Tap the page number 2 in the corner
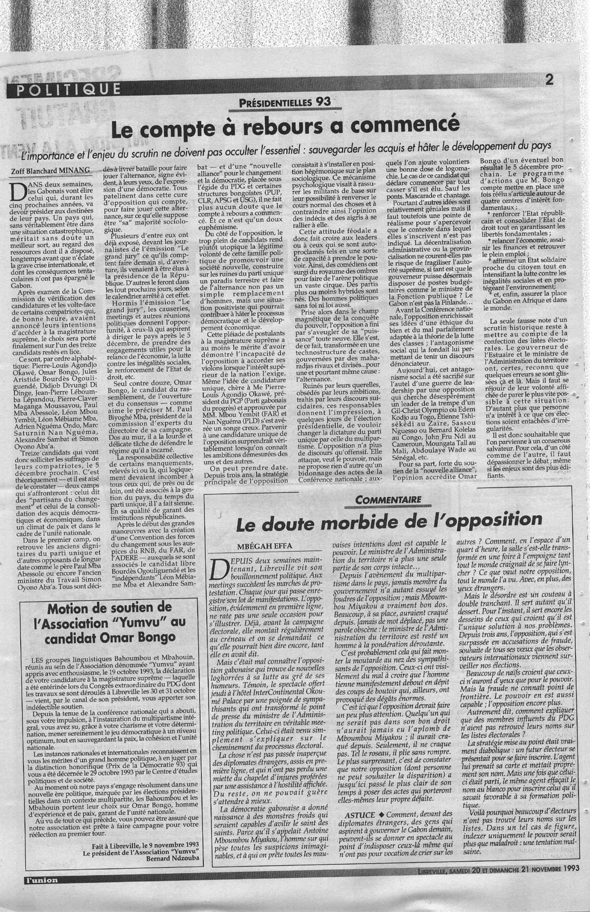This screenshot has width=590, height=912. coord(550,80)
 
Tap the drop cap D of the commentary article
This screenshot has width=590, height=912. coord(218,571)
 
